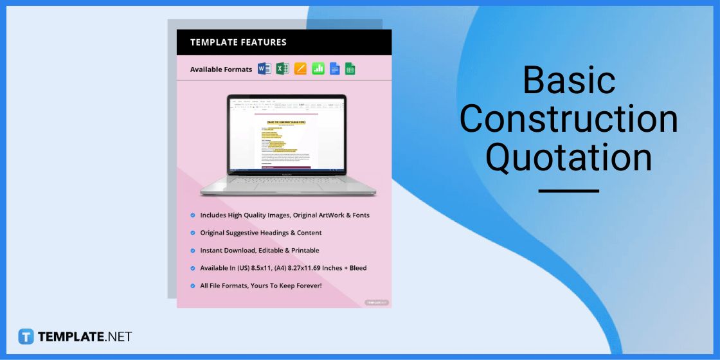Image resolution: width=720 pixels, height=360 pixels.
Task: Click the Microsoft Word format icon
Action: pos(264,69)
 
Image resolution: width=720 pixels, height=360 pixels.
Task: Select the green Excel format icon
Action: pos(282,69)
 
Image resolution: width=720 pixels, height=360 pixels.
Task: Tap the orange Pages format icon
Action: pos(300,69)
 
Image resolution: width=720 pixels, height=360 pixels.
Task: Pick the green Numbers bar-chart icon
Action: pos(318,69)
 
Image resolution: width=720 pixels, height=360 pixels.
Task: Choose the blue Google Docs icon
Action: pos(334,69)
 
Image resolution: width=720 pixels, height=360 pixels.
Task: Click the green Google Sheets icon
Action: pos(350,69)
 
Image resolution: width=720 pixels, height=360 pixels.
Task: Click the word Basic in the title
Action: pos(568,81)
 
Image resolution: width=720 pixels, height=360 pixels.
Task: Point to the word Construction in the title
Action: pos(568,119)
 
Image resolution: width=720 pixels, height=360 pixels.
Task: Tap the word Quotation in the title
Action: pos(568,157)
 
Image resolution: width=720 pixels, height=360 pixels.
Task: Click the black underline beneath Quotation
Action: pos(568,191)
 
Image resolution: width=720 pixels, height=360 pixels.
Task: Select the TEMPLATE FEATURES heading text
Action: pos(239,42)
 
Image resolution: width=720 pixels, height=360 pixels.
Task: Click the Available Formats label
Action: pos(221,69)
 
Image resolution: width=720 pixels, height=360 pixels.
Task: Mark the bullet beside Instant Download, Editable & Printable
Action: pos(193,250)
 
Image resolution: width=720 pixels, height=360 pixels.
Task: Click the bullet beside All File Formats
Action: pos(193,285)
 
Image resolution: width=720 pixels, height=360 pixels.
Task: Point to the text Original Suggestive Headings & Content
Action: pos(261,233)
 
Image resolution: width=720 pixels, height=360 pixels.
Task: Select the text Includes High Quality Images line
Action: pos(285,215)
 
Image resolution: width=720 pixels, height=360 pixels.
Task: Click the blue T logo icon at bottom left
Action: pos(26,336)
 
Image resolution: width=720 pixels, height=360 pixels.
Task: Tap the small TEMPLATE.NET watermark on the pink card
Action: pos(376,302)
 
